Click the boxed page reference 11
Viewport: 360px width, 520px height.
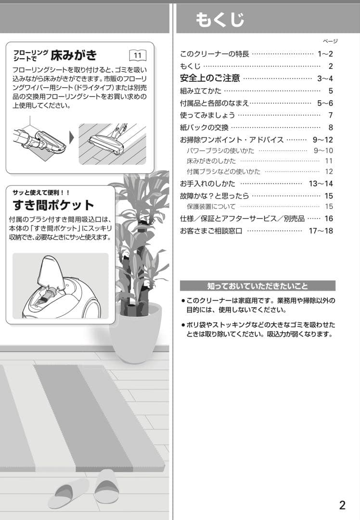click(138, 55)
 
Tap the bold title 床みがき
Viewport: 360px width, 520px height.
click(74, 54)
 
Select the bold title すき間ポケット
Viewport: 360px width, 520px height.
click(53, 205)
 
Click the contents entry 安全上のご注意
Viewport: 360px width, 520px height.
click(209, 78)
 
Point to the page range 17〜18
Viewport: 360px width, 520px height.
click(321, 231)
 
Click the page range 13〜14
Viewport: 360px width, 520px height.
click(321, 183)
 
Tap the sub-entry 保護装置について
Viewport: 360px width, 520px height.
click(211, 207)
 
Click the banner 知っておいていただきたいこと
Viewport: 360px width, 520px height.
click(257, 286)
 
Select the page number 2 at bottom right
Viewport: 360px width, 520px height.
click(342, 505)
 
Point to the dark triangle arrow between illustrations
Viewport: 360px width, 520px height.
click(72, 138)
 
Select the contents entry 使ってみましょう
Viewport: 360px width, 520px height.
click(207, 115)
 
